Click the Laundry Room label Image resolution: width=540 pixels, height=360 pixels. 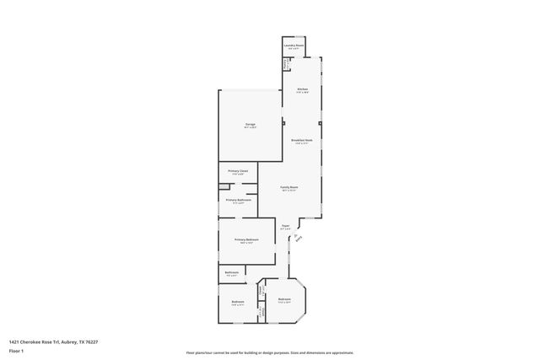coord(293,46)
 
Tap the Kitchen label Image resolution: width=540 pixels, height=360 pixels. coord(301,89)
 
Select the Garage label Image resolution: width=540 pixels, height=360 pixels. coord(250,124)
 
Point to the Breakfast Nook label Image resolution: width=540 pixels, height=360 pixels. coord(301,140)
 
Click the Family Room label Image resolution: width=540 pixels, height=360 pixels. coord(289,187)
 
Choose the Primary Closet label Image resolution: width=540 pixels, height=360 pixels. coord(238,171)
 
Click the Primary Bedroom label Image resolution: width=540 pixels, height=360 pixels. coord(246,239)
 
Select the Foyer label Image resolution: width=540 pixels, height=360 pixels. coord(285,226)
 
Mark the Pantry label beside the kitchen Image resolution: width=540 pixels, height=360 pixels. coord(285,64)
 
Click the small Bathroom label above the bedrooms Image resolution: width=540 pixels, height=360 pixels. coord(231,272)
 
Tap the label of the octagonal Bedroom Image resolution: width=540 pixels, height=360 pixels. coord(284,298)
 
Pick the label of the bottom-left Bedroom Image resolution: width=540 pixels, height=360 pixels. coord(238,302)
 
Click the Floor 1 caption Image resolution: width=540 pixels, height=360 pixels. coord(16,351)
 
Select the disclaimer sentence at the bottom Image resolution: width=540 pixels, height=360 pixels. coord(270,353)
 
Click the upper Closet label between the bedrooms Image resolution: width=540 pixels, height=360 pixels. coord(262,291)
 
